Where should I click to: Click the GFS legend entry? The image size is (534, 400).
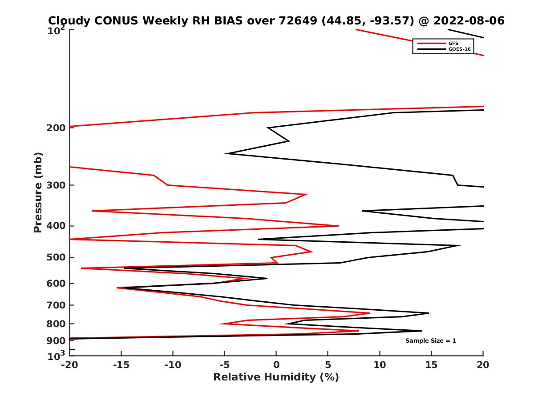tap(454, 43)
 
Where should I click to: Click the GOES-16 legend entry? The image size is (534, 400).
tap(459, 49)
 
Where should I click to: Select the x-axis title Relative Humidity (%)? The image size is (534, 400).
tap(276, 377)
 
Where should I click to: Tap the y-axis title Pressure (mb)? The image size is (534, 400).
tap(38, 192)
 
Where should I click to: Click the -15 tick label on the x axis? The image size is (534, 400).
tap(121, 365)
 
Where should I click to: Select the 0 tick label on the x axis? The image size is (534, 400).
tap(276, 365)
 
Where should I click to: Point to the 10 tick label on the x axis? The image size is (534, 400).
tap(380, 365)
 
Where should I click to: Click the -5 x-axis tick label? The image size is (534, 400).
tap(224, 365)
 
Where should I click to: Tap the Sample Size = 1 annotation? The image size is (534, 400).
tap(430, 341)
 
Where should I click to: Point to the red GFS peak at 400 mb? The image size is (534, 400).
tap(338, 226)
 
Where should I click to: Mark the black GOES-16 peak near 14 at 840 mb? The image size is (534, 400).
tap(421, 331)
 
